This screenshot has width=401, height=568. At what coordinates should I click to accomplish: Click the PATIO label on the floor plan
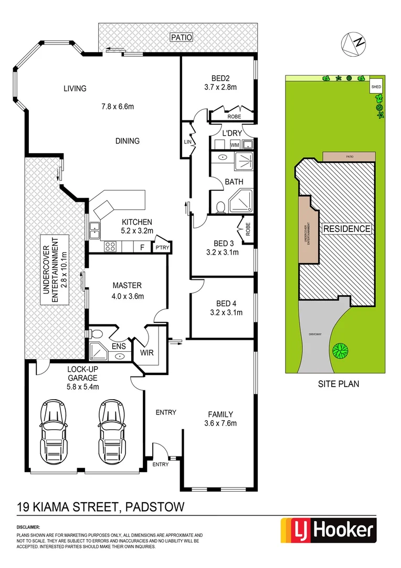pos(182,37)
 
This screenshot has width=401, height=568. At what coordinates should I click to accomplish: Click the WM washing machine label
pos(235,145)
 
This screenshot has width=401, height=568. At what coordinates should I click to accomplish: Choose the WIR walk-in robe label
pos(146,352)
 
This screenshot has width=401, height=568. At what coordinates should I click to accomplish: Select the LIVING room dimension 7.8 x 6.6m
pos(118,107)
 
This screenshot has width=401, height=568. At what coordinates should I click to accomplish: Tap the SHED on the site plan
pos(376,86)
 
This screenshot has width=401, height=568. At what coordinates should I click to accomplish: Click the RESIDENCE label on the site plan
pos(346,229)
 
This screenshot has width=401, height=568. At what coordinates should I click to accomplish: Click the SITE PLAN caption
pos(339,384)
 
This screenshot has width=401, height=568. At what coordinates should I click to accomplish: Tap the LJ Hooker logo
pos(329,530)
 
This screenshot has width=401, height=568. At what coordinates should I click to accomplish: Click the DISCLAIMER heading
pos(28,526)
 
